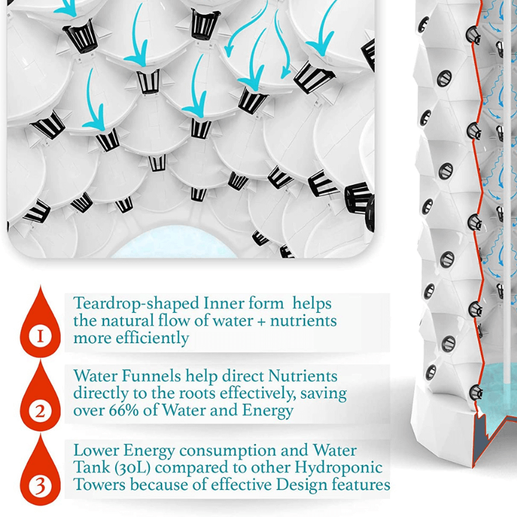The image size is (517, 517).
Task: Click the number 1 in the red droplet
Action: tap(40, 336)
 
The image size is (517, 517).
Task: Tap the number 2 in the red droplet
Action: tap(40, 411)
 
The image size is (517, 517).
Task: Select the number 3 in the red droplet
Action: tap(40, 486)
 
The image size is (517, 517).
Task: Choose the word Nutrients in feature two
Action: tap(302, 376)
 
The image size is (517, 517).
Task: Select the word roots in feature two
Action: tap(197, 394)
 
